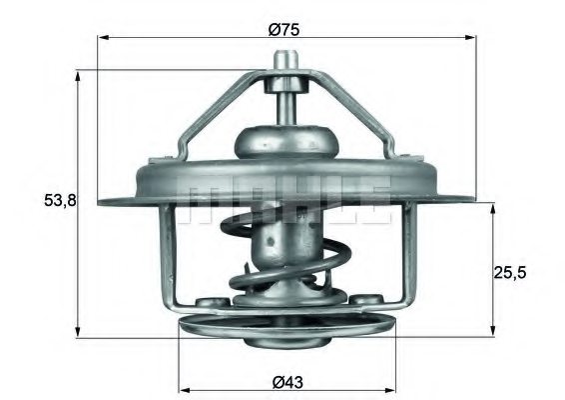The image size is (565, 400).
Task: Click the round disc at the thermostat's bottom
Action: point(285,329)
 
